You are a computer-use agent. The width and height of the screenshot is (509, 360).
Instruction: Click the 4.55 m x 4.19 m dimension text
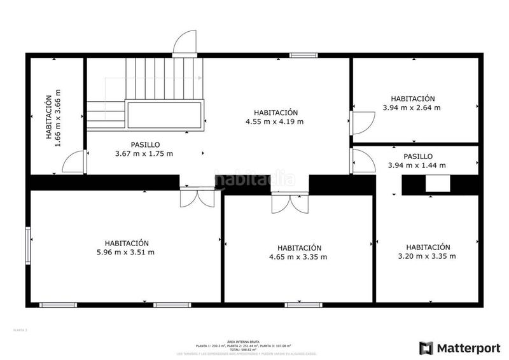point(275,121)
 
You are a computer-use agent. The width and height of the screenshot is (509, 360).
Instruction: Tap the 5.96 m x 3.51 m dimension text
point(127,253)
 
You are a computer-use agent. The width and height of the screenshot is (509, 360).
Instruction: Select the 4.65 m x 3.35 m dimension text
point(299,257)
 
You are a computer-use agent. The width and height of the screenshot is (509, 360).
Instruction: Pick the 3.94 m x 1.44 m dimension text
point(417,165)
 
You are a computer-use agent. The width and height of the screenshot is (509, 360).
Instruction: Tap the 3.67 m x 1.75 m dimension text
point(144,153)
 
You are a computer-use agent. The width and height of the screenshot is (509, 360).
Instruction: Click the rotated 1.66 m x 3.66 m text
point(57,118)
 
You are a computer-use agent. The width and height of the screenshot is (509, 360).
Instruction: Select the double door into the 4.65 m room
point(290,204)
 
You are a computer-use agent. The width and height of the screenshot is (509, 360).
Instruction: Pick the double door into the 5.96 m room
point(198,197)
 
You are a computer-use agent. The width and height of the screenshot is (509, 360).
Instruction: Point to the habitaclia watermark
point(254,179)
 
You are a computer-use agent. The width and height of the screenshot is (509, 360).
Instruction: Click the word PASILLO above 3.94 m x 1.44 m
point(417,156)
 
